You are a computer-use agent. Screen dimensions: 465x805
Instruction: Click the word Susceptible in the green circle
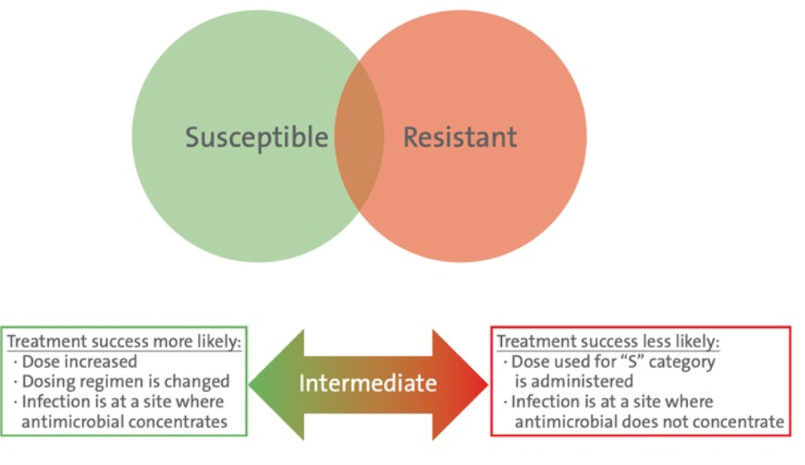[x=257, y=136]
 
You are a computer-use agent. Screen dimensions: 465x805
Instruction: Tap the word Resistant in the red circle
[x=459, y=136]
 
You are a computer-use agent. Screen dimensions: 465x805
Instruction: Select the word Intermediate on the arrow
[x=368, y=383]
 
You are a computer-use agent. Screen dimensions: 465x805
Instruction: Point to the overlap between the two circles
[x=359, y=136]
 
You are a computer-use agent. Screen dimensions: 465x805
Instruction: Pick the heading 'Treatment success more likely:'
[x=124, y=342]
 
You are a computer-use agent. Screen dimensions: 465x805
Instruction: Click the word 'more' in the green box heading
[x=165, y=342]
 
